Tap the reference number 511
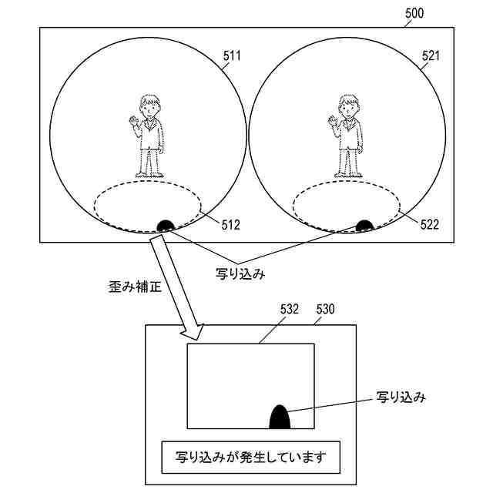(231, 56)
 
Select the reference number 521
(431, 56)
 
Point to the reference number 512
(230, 225)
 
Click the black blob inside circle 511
(166, 225)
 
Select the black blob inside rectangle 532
(279, 417)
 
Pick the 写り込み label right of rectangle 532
(401, 398)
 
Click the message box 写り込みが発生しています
(250, 457)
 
